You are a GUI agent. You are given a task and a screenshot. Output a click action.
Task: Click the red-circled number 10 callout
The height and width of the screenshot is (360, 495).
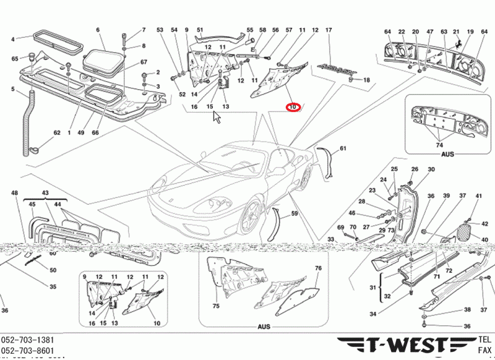point(292,107)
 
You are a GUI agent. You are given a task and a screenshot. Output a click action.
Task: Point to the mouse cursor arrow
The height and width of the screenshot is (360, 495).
point(217,117)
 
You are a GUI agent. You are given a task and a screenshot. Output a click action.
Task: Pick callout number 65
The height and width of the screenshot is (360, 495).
point(15,59)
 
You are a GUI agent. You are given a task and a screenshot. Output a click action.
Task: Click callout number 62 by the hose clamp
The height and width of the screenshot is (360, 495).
point(56,132)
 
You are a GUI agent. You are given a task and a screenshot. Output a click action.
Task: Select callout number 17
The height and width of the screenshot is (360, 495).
point(329,30)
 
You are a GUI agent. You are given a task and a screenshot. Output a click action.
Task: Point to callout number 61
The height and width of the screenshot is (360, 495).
point(343,148)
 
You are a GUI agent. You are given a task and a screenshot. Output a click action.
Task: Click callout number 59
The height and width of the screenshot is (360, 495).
point(295,213)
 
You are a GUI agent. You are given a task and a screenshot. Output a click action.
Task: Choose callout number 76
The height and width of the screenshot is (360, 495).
point(318,268)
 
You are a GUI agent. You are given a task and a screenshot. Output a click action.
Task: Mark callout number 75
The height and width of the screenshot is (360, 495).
point(216,306)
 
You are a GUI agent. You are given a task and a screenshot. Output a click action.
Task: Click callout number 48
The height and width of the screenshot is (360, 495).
point(15,194)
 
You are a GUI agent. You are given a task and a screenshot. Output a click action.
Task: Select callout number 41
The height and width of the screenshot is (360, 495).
point(478,196)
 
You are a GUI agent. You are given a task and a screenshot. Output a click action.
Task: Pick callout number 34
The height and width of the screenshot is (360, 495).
point(372,314)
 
